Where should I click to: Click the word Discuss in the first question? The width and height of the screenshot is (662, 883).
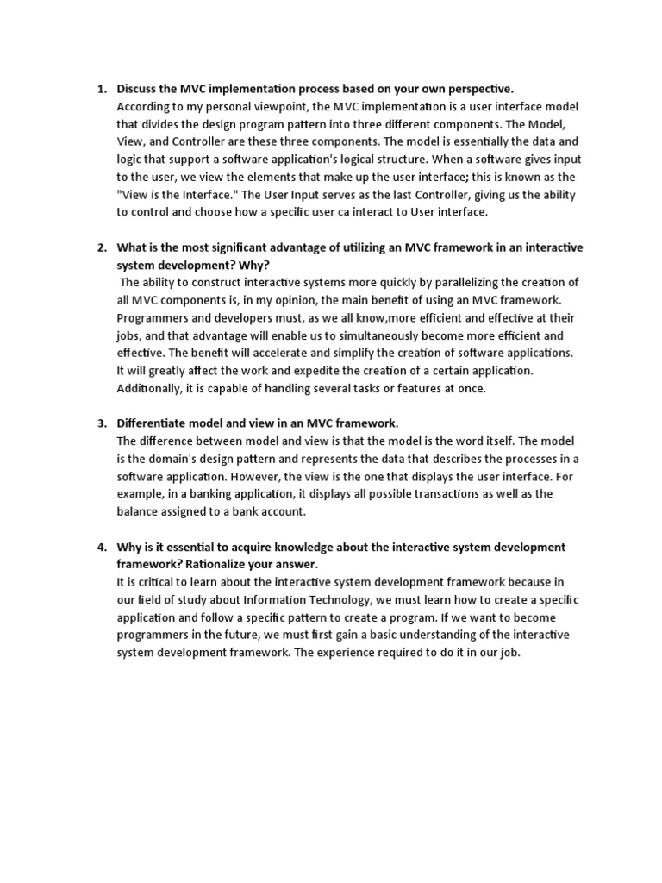pyautogui.click(x=139, y=89)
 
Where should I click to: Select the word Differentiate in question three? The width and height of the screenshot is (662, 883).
pyautogui.click(x=154, y=423)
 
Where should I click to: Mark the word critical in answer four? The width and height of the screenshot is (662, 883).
pyautogui.click(x=153, y=582)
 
